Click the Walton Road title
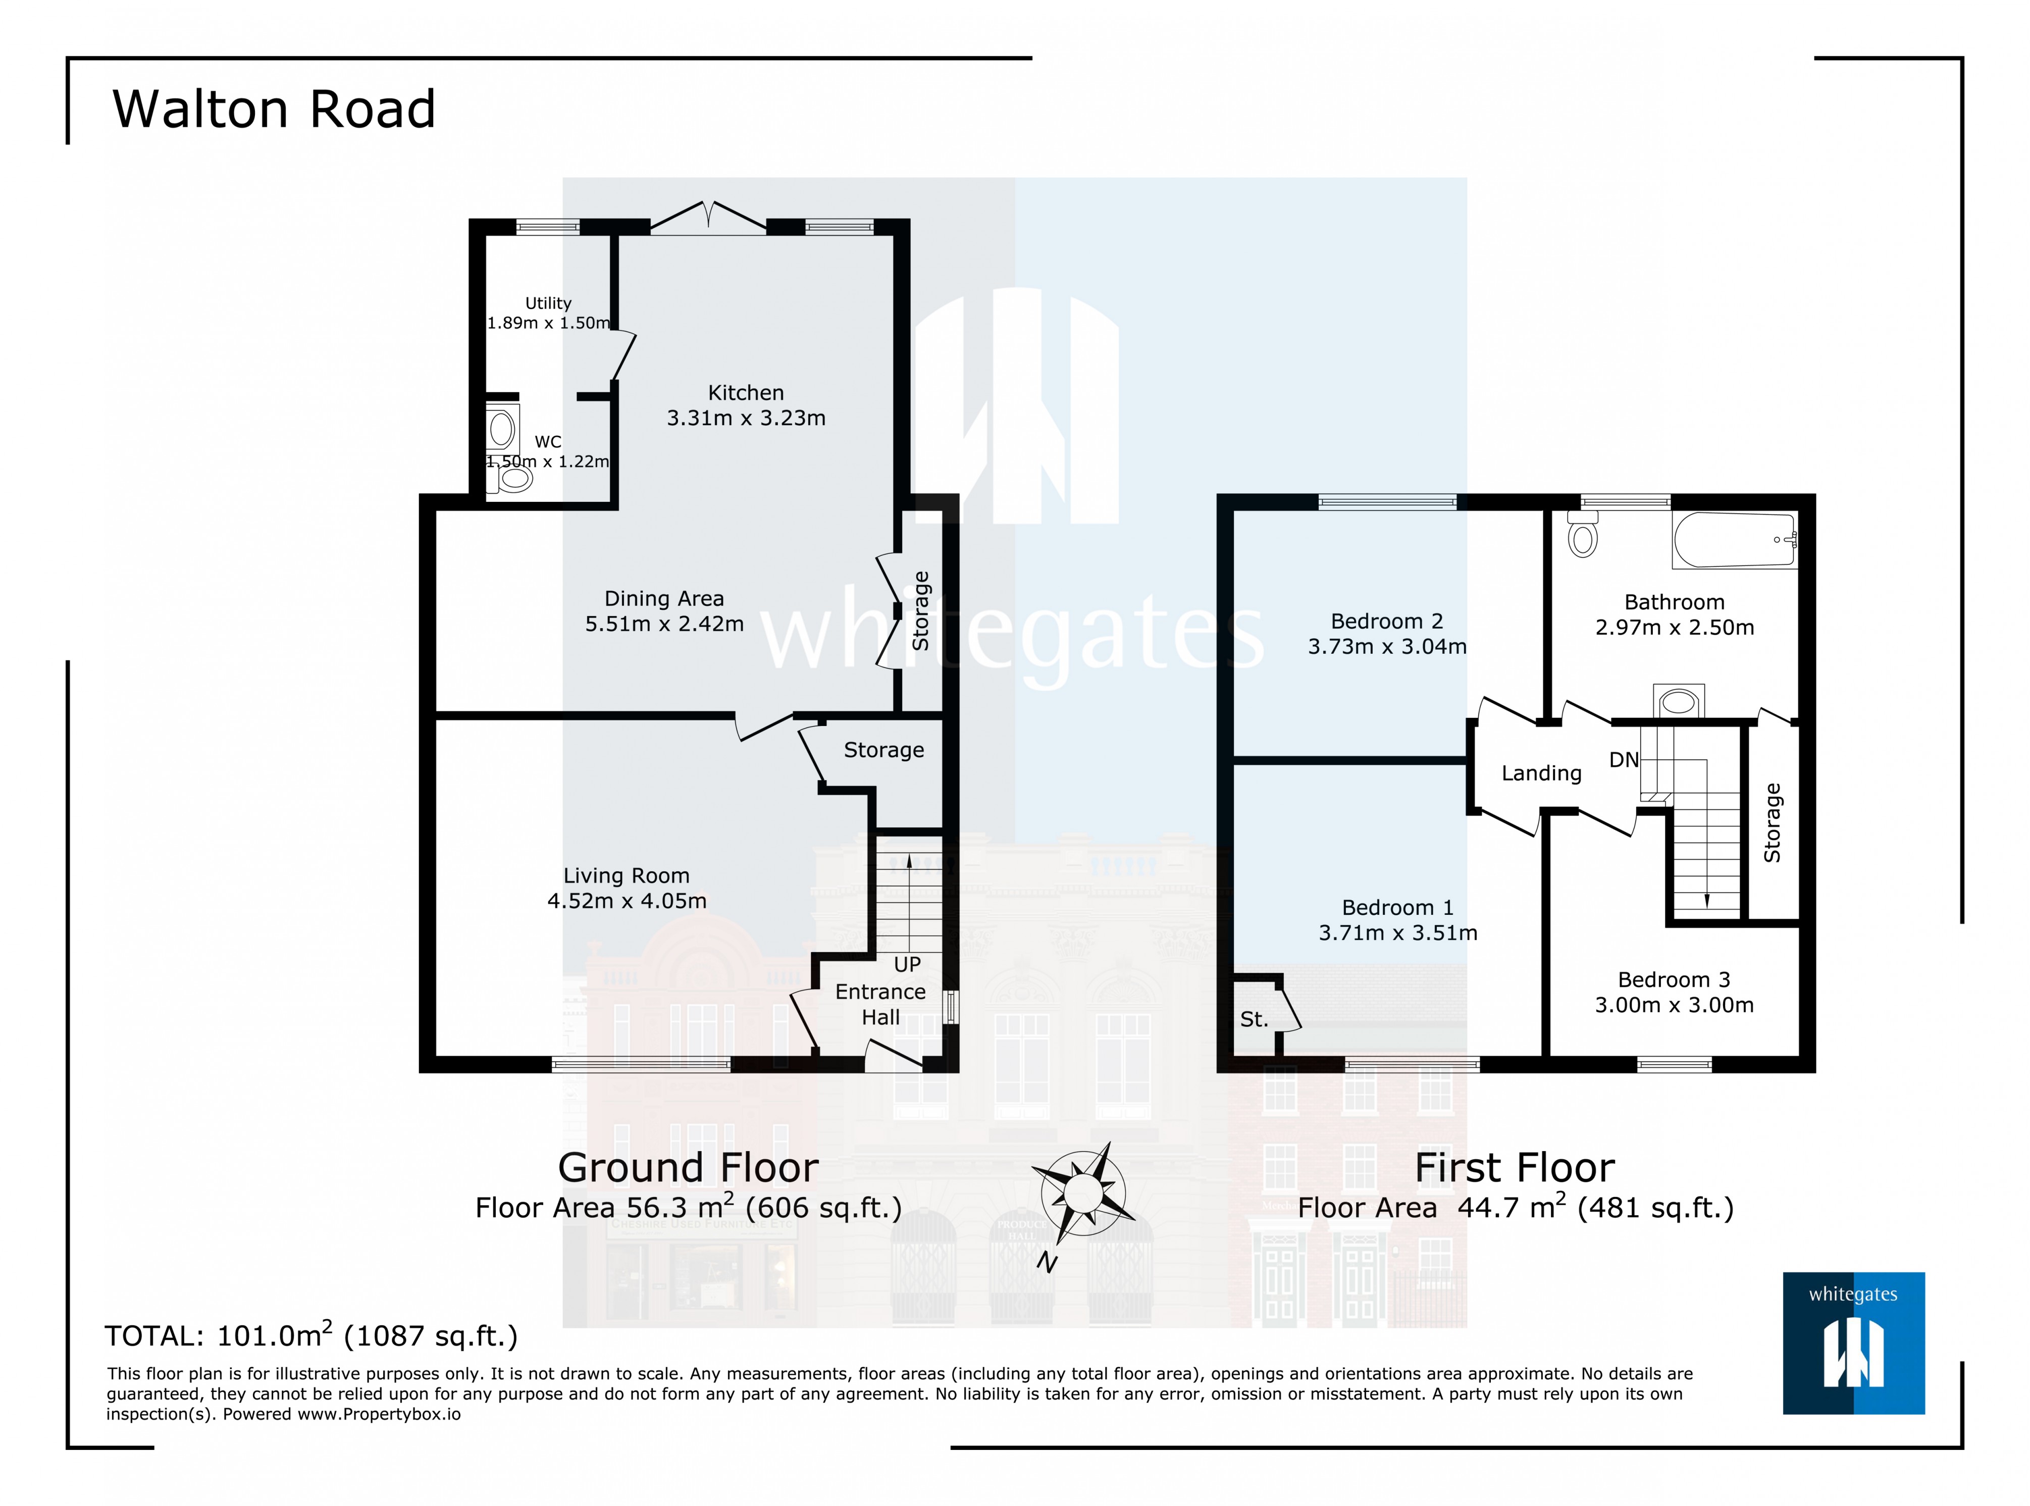[274, 110]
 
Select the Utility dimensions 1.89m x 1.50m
[548, 323]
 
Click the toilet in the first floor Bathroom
[1583, 535]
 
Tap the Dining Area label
[663, 599]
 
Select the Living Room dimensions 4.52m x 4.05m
[626, 901]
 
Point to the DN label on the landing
[1624, 759]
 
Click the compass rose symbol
[1083, 1192]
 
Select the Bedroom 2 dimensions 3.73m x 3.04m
[1386, 646]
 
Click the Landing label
[1540, 773]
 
